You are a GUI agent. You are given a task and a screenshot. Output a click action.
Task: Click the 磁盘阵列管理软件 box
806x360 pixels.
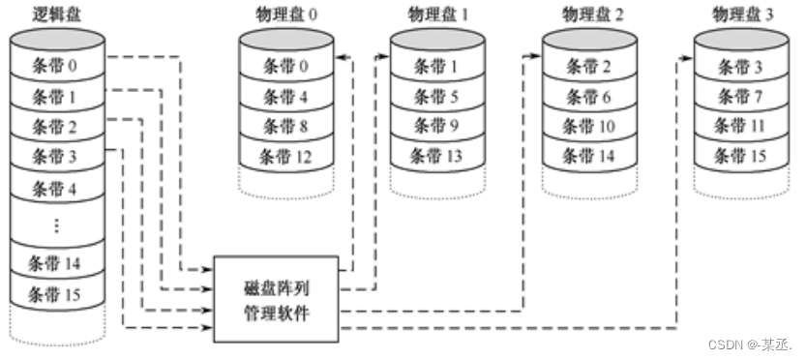pyautogui.click(x=276, y=299)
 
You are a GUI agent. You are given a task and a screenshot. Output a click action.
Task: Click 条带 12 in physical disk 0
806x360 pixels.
pyautogui.click(x=287, y=155)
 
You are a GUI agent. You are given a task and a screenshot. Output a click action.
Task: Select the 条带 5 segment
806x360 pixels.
pyautogui.click(x=437, y=96)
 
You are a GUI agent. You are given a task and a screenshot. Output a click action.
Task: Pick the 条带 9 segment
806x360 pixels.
pyautogui.click(x=437, y=126)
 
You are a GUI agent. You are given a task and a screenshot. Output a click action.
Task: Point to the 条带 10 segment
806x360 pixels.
pyautogui.click(x=592, y=126)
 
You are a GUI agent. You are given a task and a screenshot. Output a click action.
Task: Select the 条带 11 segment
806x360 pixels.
pyautogui.click(x=742, y=126)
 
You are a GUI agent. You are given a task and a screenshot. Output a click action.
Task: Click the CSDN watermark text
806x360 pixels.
pyautogui.click(x=745, y=345)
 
